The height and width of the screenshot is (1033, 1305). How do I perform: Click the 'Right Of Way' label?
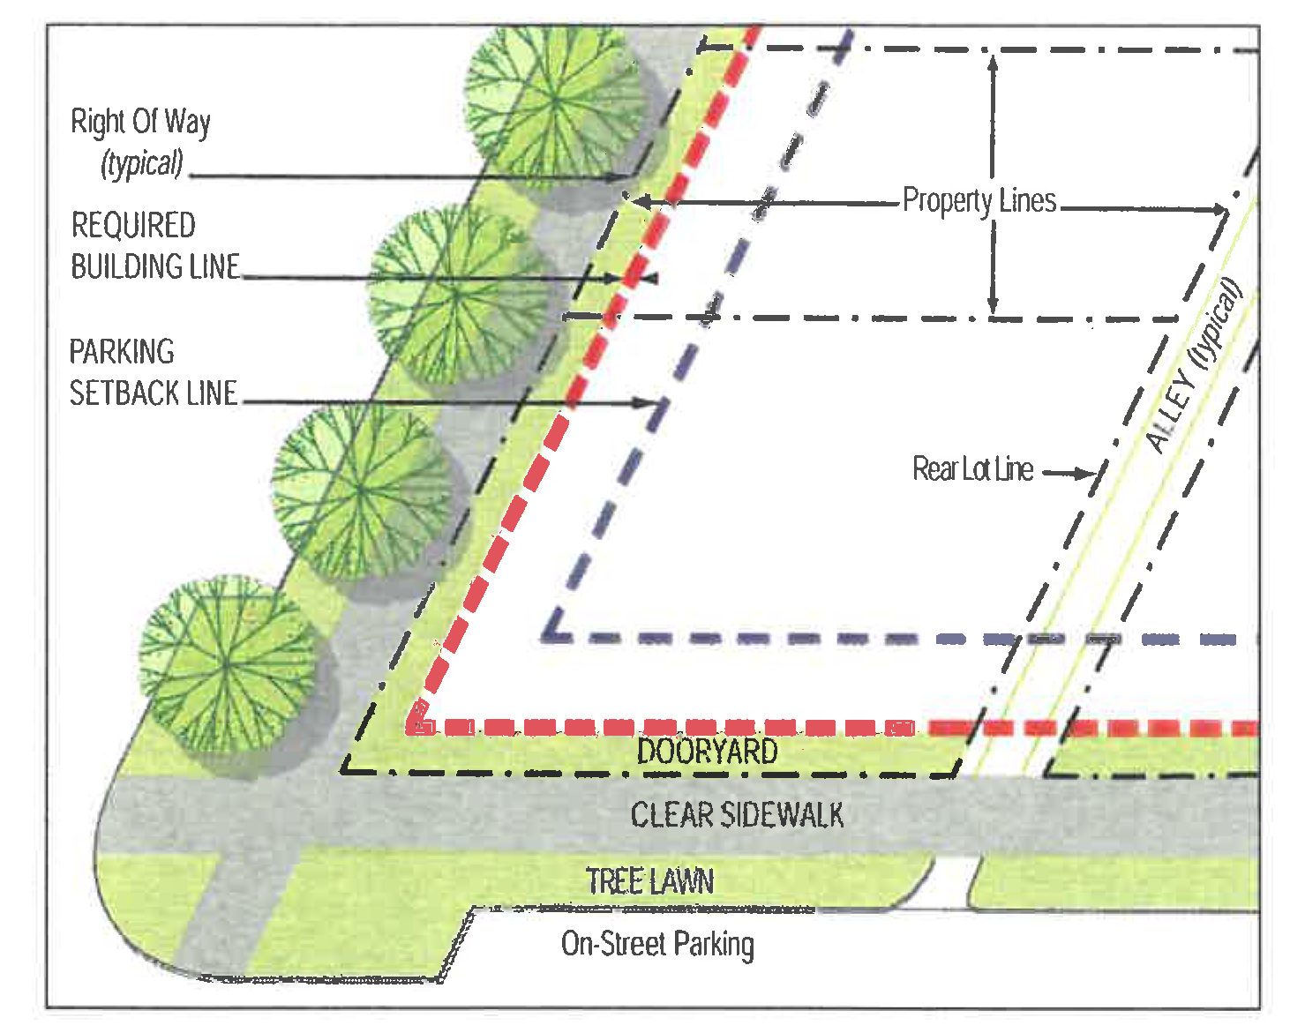140,122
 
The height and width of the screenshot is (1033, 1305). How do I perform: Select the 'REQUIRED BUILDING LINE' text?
154,246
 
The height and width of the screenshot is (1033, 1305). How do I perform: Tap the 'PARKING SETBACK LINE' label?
153,372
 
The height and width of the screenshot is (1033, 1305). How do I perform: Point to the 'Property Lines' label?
979,201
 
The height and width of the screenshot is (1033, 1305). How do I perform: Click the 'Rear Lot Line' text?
972,469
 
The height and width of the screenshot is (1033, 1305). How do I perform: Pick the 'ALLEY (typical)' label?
1193,366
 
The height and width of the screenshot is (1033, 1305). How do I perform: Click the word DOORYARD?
707,752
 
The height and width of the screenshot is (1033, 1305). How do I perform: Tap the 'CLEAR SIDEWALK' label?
737,814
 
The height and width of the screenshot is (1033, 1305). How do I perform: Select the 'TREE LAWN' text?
649,881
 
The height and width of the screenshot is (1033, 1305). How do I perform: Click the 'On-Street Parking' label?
657,944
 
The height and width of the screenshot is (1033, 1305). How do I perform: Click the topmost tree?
554,104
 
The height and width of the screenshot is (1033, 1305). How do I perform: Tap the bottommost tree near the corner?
228,663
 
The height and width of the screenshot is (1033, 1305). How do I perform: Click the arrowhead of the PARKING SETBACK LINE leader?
657,403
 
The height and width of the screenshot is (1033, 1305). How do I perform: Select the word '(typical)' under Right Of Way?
142,164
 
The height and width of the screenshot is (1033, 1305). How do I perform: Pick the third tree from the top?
360,490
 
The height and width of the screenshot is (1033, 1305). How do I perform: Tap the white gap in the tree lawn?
952,883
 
